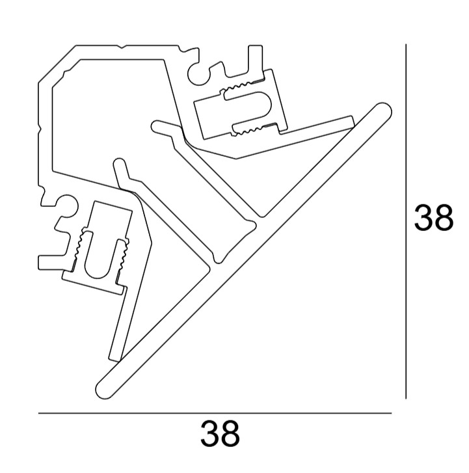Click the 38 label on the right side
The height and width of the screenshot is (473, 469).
[433, 217]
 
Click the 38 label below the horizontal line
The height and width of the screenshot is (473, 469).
[220, 434]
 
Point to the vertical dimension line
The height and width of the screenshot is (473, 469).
[406, 221]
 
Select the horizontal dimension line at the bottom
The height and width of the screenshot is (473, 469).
[215, 413]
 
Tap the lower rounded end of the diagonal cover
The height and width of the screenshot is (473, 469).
[105, 390]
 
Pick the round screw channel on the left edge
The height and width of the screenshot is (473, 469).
[66, 206]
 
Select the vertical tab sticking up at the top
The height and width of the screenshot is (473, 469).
[255, 61]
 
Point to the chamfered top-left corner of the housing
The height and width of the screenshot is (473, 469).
[57, 64]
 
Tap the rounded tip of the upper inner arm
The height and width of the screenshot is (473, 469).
[157, 126]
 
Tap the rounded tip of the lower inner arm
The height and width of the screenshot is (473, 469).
[119, 163]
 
